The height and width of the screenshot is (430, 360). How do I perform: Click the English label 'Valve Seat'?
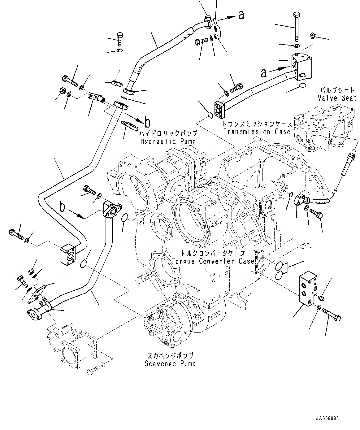337,98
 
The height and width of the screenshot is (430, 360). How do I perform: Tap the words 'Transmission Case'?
257,132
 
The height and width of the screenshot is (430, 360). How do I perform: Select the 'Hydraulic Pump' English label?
168,141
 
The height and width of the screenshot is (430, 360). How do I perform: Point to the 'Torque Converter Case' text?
213,261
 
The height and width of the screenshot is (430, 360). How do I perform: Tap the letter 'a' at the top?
241,15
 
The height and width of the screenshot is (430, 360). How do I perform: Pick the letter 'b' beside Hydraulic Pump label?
147,123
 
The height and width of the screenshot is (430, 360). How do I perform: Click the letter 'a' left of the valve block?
264,73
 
